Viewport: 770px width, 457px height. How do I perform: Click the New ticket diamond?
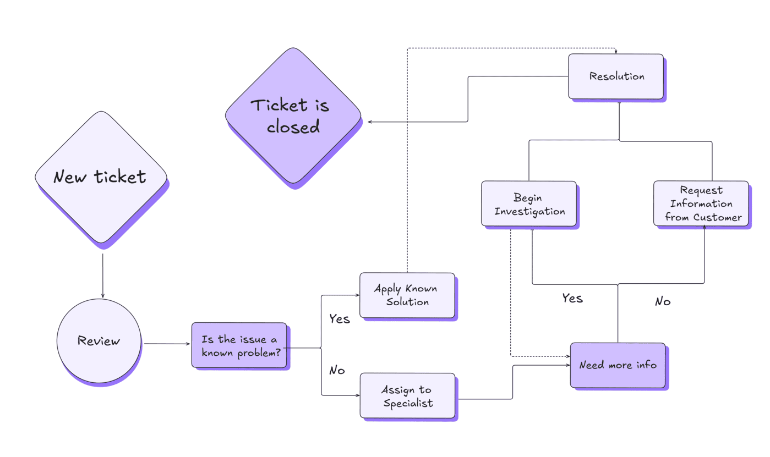(101, 177)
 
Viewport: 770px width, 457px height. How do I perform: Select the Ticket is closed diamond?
(293, 115)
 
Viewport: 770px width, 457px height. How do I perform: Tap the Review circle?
(99, 341)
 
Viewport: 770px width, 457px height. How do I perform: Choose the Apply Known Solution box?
(407, 295)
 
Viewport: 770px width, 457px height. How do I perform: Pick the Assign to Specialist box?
(407, 396)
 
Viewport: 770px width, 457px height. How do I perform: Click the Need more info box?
(617, 365)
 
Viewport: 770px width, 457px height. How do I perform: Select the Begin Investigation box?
(529, 203)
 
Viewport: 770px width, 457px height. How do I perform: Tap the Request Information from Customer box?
(701, 203)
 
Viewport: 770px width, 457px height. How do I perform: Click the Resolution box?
(616, 76)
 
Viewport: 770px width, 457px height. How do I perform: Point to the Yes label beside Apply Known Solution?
(339, 319)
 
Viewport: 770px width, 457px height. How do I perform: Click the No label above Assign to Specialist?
(337, 371)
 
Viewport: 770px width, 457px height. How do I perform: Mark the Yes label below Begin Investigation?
(572, 299)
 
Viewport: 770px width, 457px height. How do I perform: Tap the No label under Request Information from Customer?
(663, 301)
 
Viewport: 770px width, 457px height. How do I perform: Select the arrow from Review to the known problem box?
(167, 344)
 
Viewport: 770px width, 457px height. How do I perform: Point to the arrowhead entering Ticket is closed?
(370, 122)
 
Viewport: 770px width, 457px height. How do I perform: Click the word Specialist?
(408, 403)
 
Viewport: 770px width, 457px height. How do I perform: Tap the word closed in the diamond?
(293, 127)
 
